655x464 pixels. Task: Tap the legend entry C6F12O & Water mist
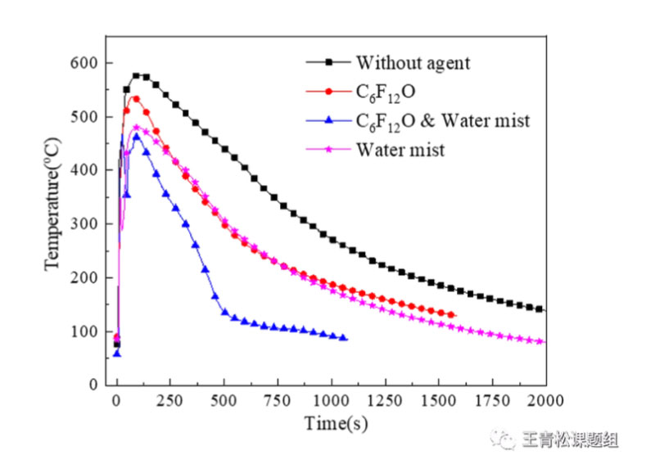[442, 121]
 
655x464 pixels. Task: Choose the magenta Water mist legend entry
[400, 150]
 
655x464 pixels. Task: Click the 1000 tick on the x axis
[332, 401]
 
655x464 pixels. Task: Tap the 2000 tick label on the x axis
[546, 401]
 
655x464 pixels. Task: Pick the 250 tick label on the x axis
[170, 401]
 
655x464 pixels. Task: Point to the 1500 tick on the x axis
[439, 401]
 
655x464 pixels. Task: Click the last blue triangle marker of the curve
[344, 338]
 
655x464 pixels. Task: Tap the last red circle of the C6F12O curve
[451, 315]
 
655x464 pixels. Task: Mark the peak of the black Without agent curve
[136, 75]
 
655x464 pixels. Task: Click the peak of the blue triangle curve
[136, 136]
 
